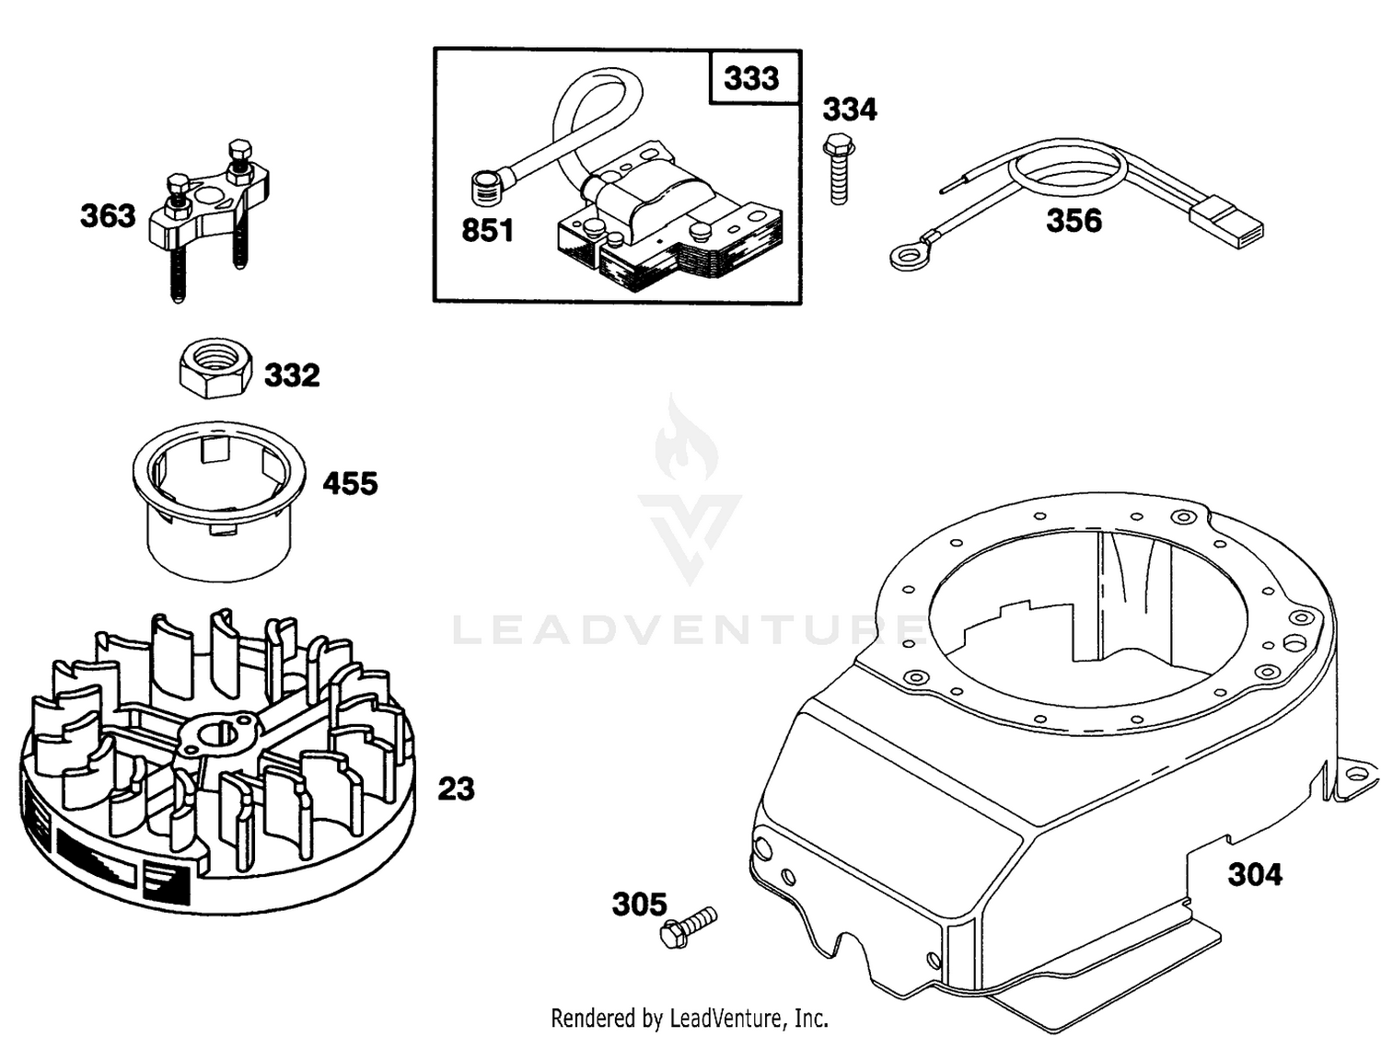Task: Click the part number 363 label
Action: pyautogui.click(x=108, y=215)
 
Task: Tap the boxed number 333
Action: pyautogui.click(x=751, y=78)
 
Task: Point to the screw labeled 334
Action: pyautogui.click(x=839, y=168)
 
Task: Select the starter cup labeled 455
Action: pyautogui.click(x=219, y=501)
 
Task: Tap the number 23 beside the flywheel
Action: pyautogui.click(x=456, y=789)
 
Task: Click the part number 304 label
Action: pyautogui.click(x=1255, y=875)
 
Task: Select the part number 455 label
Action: pyautogui.click(x=351, y=484)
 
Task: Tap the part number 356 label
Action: pyautogui.click(x=1074, y=221)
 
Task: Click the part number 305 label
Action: pyautogui.click(x=639, y=904)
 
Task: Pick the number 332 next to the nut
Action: pyautogui.click(x=292, y=375)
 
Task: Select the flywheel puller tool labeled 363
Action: pyautogui.click(x=209, y=217)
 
